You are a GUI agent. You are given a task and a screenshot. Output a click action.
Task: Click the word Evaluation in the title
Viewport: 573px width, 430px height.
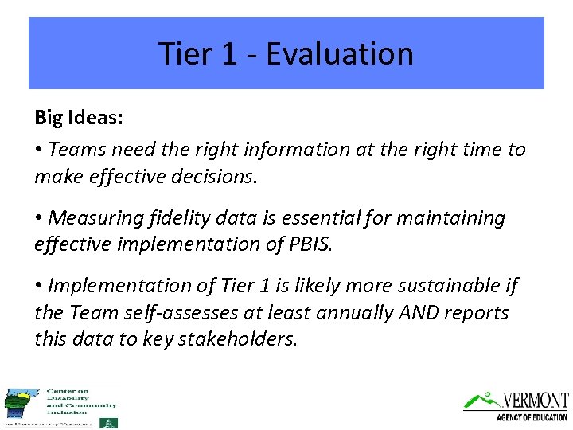pos(340,53)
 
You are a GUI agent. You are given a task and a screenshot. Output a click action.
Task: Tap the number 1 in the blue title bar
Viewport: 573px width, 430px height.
pos(232,53)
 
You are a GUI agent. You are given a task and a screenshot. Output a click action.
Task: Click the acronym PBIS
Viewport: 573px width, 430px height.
pos(310,244)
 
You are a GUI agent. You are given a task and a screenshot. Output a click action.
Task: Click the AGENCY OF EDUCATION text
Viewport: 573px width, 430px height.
pos(532,417)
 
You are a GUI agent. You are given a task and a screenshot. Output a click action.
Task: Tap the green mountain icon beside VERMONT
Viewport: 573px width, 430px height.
pos(482,398)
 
